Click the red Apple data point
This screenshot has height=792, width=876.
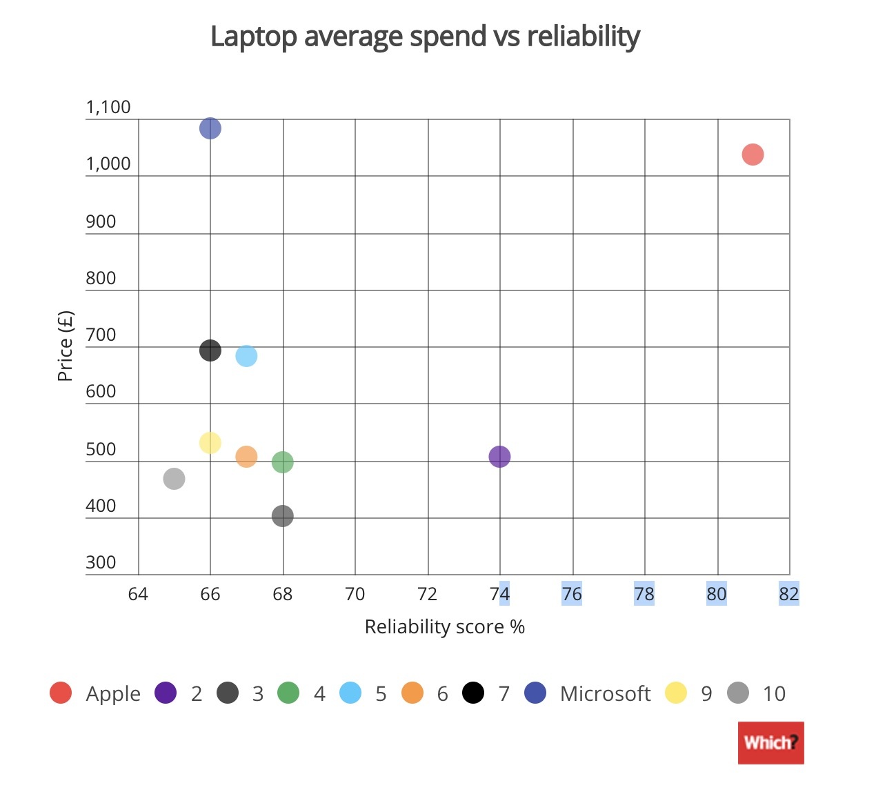753,155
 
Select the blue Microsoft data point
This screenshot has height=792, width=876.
210,128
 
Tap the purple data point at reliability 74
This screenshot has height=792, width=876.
499,456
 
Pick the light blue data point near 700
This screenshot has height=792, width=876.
246,356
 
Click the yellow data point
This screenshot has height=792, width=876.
210,442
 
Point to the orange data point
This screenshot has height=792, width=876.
246,456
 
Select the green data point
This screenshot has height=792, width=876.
283,462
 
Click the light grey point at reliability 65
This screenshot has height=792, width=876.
175,478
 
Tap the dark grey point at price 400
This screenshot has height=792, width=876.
283,515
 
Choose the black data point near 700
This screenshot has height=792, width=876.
210,350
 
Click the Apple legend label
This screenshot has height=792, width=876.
113,693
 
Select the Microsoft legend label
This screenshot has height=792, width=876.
605,693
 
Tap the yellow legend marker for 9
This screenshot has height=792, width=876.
676,693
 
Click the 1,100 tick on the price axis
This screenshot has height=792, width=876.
108,107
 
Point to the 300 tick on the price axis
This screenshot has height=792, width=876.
101,562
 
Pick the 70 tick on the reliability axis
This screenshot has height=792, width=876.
355,594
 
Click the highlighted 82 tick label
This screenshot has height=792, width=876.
788,594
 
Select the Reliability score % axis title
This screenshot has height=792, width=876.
445,626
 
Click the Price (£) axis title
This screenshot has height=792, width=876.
65,346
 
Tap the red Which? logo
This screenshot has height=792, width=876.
770,742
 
